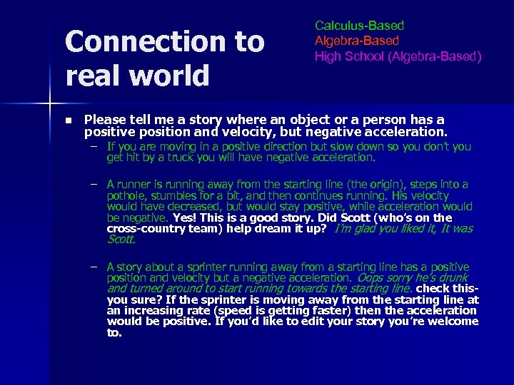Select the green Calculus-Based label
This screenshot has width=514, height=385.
coord(359,26)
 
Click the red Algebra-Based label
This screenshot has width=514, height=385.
coord(357,41)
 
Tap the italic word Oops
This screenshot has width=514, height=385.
coord(371,277)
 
